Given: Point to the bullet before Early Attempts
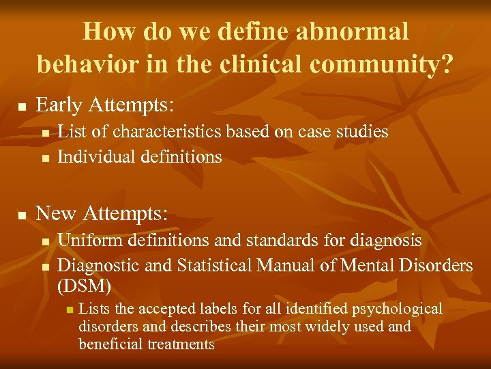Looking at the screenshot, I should [22, 107].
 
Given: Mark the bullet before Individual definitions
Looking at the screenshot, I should [44, 159].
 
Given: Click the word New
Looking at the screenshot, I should [56, 213].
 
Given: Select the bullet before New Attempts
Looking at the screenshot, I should [22, 215].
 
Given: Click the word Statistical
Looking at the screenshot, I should [208, 264].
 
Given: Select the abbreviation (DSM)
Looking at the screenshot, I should [85, 283].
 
